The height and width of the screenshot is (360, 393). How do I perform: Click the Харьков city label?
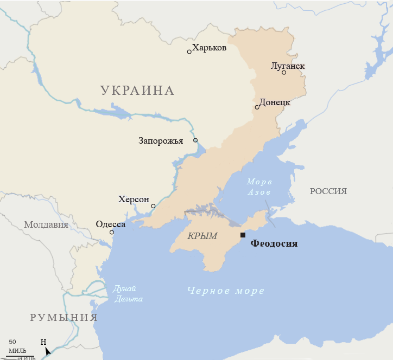click(209, 48)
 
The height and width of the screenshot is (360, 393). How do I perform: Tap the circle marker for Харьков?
click(189, 52)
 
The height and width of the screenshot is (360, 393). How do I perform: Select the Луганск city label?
click(288, 66)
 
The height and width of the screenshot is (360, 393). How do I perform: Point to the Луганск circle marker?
click(284, 73)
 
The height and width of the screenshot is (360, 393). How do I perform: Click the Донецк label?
click(275, 102)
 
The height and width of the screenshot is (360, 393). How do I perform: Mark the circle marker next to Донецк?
click(257, 107)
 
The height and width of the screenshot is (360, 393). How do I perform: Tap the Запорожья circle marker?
click(195, 140)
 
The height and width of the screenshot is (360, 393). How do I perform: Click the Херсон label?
click(134, 200)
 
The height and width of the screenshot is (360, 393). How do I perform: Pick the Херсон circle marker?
click(153, 206)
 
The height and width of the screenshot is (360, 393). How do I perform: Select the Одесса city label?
click(110, 224)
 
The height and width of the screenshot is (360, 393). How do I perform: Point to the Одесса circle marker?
click(112, 233)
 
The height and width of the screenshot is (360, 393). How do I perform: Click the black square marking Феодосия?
click(243, 235)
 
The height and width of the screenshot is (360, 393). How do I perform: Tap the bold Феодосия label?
click(274, 244)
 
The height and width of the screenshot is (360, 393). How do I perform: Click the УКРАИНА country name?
click(137, 91)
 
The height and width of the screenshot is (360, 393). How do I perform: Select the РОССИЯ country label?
click(328, 191)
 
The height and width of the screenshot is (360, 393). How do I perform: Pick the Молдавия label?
click(46, 224)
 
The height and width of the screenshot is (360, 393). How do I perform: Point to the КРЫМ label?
click(202, 236)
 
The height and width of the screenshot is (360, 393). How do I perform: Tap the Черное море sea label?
click(226, 291)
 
